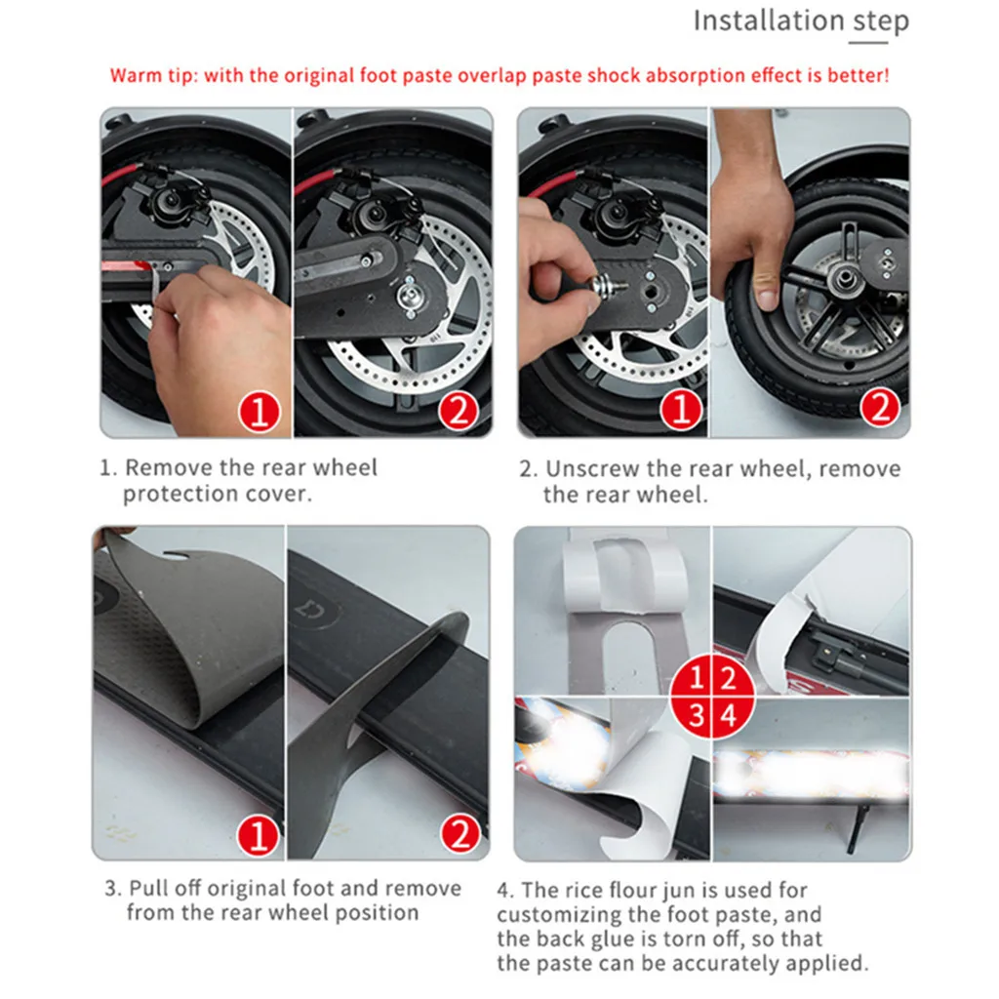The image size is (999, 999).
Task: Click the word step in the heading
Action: tap(881, 21)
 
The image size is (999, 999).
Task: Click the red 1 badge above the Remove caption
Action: tap(259, 412)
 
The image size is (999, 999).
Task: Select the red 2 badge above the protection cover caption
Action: tap(458, 412)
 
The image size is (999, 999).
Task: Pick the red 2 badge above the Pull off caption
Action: tap(459, 834)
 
